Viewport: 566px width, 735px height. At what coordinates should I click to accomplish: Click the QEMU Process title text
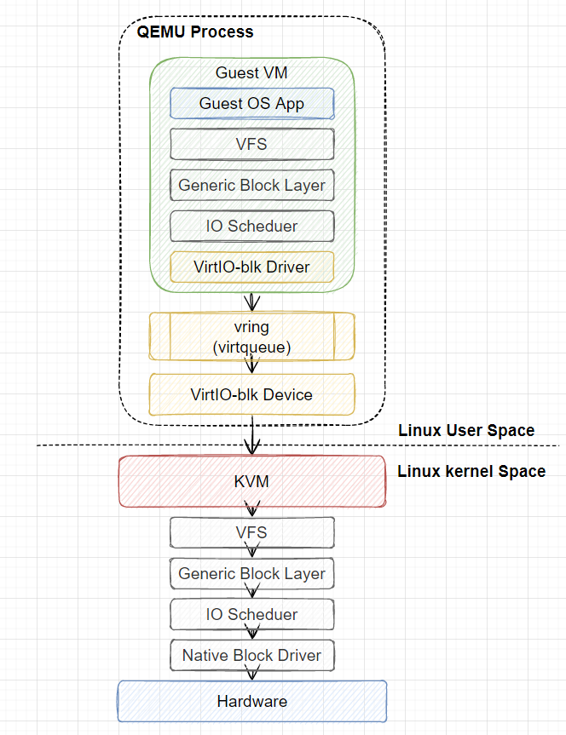tap(194, 32)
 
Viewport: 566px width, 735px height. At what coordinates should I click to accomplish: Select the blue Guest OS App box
tap(252, 103)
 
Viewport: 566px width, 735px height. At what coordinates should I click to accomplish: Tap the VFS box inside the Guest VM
tap(252, 144)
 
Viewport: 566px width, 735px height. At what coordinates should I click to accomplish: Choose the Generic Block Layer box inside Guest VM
tap(252, 185)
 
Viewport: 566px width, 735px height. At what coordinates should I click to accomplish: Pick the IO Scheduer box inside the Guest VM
tap(252, 226)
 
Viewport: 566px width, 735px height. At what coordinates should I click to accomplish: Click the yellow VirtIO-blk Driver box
tap(252, 267)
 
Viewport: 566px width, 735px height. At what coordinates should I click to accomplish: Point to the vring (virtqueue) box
tap(252, 336)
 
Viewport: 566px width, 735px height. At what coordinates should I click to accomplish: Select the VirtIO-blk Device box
tap(252, 394)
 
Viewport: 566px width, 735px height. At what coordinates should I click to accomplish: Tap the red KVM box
tap(252, 481)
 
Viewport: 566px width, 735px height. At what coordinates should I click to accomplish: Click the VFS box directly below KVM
tap(252, 532)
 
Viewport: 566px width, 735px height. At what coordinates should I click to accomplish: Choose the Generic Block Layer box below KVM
tap(252, 573)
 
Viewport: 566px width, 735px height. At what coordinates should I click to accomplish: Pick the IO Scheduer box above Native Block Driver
tap(252, 614)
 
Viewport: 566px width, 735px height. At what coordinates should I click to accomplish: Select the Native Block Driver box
tap(252, 655)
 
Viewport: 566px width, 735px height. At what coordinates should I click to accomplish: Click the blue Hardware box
tap(252, 701)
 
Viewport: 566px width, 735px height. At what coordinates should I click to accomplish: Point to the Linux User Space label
tap(466, 430)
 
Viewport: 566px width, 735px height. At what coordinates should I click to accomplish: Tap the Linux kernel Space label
tap(471, 471)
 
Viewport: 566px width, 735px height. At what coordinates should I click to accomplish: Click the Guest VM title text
tap(251, 72)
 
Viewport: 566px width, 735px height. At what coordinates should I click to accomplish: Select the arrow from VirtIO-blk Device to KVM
tap(252, 435)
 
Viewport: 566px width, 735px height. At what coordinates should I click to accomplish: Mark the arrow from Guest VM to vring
tap(252, 301)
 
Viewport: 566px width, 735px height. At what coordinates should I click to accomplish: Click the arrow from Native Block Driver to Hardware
tap(252, 675)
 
